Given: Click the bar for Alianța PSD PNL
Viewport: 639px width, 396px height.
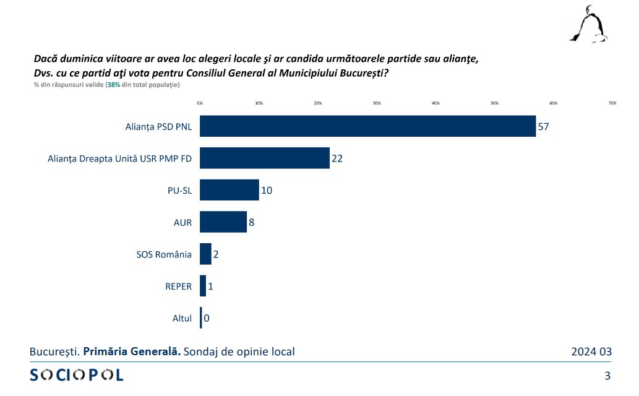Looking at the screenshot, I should pos(367,126).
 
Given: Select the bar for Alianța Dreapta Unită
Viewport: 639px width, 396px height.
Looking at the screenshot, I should pos(264,158).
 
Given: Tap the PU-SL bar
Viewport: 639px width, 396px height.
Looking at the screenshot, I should pos(229,190).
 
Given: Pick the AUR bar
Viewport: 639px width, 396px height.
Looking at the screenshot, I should pos(223,222).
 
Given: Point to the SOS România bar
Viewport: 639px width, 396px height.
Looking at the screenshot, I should pos(205,254).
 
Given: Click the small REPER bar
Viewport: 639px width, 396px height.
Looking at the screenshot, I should pos(203,286).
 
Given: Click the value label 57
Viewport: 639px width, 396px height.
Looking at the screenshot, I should pos(544,126).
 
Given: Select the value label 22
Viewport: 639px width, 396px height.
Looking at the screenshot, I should pos(337,158).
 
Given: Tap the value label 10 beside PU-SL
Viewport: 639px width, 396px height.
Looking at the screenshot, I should pos(267,190).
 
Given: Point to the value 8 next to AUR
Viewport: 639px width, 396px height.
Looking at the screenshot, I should pos(252,222).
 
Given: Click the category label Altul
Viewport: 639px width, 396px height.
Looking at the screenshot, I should pos(182,319).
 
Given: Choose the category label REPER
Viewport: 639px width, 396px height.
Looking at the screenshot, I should pos(178,286).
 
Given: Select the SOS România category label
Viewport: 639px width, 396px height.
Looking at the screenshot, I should pos(164,254).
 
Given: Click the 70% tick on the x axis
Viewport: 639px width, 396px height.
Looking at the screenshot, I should pos(612,103).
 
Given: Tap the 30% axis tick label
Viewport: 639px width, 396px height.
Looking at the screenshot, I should pos(377,103).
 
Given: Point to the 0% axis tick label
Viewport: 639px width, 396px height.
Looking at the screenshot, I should pos(200,103).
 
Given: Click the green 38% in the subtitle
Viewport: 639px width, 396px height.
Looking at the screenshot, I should pos(114,84).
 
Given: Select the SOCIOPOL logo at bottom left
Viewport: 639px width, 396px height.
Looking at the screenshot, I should pos(77,374).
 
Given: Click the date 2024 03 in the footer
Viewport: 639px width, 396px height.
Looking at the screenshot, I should pos(591,352).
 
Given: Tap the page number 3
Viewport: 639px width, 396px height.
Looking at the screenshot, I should pos(607,375).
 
